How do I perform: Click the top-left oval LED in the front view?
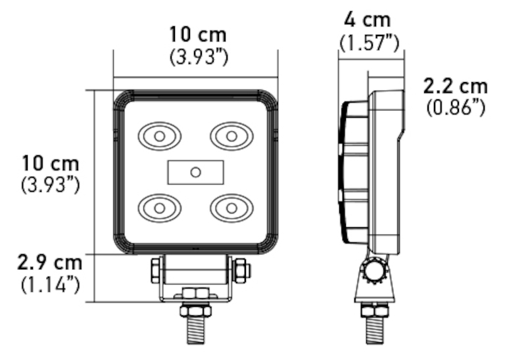(158, 136)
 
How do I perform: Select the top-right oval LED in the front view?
(231, 136)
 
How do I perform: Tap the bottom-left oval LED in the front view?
(158, 208)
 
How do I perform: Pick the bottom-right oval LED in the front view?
(231, 208)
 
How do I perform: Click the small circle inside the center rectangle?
(195, 172)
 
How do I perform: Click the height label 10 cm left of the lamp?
(50, 162)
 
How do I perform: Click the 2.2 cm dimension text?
(456, 85)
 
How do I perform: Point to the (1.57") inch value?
(369, 43)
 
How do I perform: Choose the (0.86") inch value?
(456, 107)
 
